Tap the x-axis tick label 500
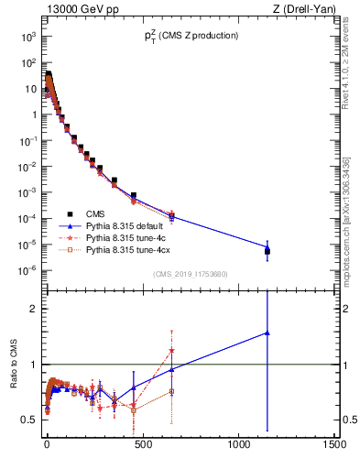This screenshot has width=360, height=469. (x=142, y=445)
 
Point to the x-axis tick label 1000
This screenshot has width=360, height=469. (x=238, y=445)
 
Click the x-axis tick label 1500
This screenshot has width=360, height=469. (x=334, y=445)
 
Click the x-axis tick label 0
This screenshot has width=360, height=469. (x=47, y=445)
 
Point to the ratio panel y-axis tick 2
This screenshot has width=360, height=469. (x=33, y=309)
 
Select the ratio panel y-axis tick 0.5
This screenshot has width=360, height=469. (x=29, y=420)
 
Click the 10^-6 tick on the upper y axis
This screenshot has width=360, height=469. (x=27, y=269)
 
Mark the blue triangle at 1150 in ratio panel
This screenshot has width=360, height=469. (x=267, y=333)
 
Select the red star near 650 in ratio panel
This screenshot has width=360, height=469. (x=171, y=350)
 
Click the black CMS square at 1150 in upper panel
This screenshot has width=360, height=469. (x=267, y=249)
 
